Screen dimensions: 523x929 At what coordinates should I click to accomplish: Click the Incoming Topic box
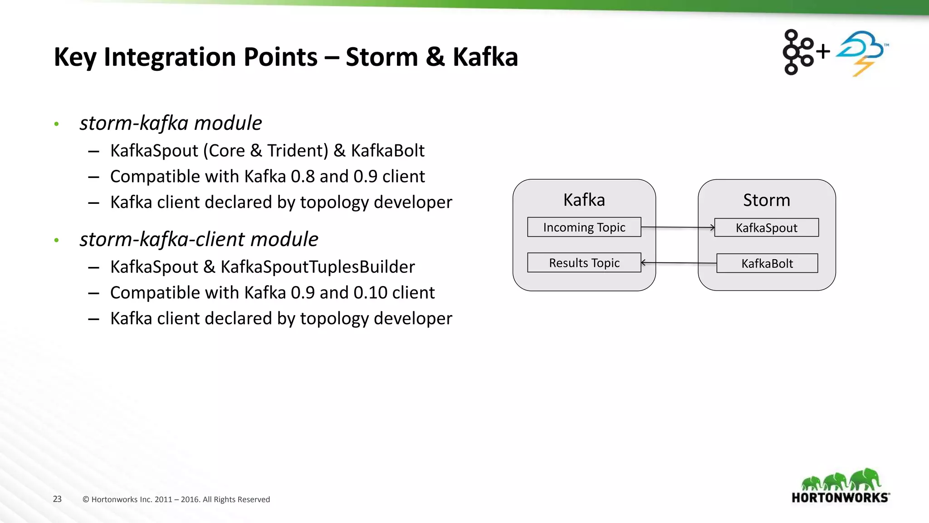(584, 227)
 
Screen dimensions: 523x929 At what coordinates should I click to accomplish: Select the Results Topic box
(584, 263)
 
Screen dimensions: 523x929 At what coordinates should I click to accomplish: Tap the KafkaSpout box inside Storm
(766, 227)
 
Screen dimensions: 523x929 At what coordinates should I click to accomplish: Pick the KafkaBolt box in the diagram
(767, 263)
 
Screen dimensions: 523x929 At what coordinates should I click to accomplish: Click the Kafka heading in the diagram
(584, 200)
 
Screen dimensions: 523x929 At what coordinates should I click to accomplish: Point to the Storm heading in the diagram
(766, 200)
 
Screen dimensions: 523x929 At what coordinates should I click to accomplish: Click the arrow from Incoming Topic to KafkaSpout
(678, 227)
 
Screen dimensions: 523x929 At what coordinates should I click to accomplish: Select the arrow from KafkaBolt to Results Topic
(679, 263)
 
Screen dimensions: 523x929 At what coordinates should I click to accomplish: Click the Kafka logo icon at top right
(797, 52)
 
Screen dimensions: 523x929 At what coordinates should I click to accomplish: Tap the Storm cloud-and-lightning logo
(861, 52)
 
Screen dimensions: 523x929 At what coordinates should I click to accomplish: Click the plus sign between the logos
(823, 51)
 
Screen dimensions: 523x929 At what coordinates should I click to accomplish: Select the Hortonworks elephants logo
(841, 486)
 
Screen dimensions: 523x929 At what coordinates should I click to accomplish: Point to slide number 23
(57, 499)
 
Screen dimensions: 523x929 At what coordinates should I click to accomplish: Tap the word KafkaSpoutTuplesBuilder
(318, 267)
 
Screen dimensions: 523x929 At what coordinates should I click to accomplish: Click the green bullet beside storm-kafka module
(56, 124)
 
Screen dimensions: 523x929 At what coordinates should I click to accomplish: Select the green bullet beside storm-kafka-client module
(56, 240)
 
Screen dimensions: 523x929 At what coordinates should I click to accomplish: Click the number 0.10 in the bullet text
(370, 293)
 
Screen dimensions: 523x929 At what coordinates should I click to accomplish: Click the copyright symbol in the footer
(86, 499)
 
